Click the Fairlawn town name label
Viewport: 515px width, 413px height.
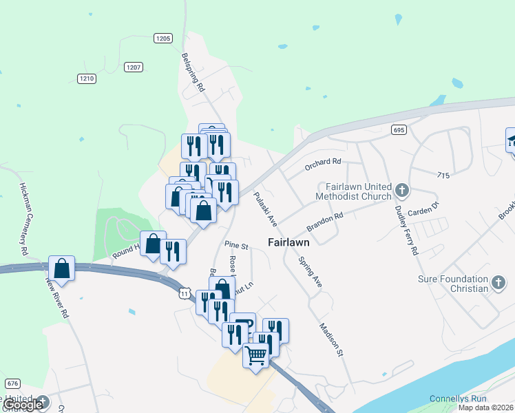288,242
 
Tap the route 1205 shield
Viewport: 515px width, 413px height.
163,39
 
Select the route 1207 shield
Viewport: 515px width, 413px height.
134,67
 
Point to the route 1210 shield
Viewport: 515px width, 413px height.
86,78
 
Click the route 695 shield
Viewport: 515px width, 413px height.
399,129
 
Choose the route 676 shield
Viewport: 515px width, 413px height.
12,383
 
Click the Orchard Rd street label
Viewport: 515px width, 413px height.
323,162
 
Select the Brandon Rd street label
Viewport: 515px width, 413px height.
325,220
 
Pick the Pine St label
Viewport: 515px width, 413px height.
236,245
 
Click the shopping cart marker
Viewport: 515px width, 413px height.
256,356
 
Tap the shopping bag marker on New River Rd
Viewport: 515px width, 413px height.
61,268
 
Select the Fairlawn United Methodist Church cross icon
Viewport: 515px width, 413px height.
403,189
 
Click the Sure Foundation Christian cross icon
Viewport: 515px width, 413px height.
499,282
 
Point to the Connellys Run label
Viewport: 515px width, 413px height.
458,399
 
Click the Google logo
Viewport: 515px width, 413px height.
23,405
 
